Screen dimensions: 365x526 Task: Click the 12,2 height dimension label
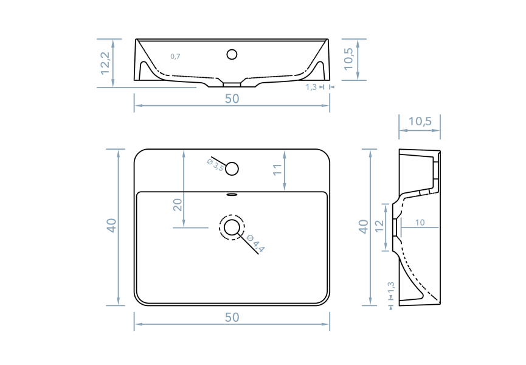(106, 63)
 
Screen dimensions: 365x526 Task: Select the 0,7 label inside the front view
(175, 57)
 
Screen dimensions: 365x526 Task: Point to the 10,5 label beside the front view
(348, 60)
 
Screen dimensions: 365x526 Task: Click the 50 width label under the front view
(232, 99)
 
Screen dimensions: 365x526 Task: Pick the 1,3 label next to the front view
(311, 87)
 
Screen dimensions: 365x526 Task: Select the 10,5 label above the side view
(420, 122)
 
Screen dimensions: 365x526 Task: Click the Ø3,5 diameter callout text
(215, 165)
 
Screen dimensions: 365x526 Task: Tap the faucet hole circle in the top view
(232, 169)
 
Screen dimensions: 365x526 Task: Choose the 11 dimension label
(278, 170)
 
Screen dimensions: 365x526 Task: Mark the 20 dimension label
(178, 204)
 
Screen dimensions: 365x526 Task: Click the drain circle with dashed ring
(232, 228)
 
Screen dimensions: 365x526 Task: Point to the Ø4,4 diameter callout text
(256, 245)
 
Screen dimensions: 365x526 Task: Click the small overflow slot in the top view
(232, 195)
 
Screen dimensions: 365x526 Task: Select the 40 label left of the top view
(111, 226)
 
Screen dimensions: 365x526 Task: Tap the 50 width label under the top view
(232, 317)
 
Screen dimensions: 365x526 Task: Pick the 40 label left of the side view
(363, 226)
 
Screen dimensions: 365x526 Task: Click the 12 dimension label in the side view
(379, 226)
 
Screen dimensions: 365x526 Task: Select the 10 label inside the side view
(420, 223)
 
